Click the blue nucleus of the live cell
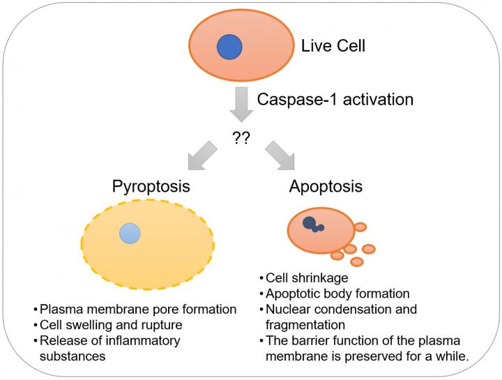(x=229, y=47)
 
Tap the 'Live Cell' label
(x=333, y=47)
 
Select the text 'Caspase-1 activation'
(x=335, y=99)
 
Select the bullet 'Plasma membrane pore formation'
(x=138, y=309)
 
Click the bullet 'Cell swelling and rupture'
(x=110, y=325)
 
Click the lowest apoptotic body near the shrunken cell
(x=357, y=262)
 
